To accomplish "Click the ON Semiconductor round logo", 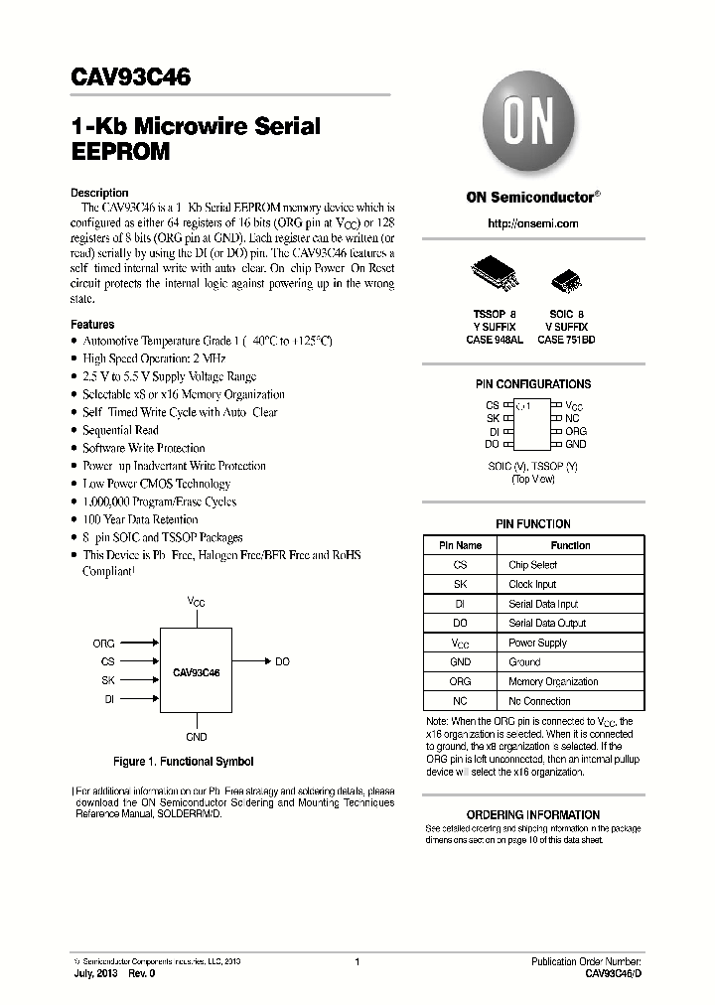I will point(531,126).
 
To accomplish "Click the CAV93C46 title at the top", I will point(131,76).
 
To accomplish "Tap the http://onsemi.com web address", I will point(532,223).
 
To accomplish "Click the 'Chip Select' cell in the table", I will point(532,565).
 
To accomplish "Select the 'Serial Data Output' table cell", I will point(547,624).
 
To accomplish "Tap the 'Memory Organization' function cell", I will point(552,682).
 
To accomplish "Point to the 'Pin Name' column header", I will point(460,545).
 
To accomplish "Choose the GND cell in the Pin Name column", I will point(460,662).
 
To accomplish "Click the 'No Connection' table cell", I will point(539,701).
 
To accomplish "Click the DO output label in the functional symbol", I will point(282,661).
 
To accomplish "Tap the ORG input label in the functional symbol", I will point(104,644).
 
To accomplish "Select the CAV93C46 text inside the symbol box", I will point(196,672).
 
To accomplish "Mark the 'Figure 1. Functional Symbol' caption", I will point(184,762).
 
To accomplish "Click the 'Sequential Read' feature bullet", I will point(120,430).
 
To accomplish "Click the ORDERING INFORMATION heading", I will point(532,814).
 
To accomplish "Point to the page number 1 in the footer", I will point(357,961).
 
